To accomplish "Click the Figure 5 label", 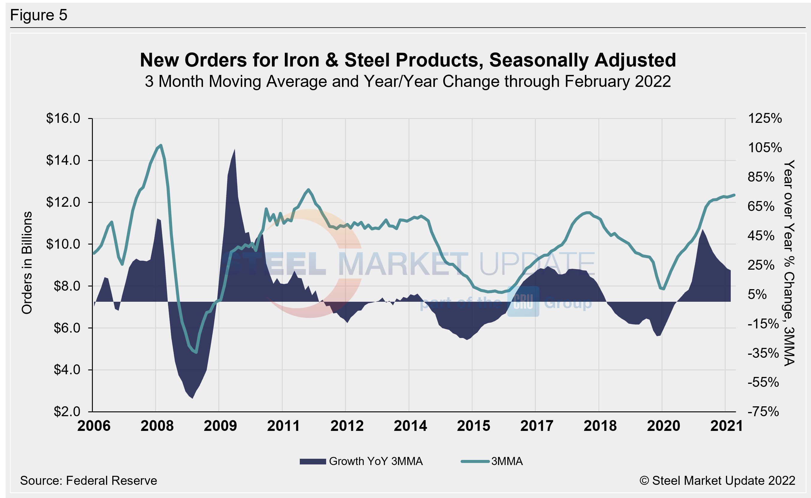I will click(39, 15).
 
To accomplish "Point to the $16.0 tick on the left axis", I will click(63, 118).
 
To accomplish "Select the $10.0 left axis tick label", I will click(63, 244).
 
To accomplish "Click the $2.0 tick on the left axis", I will click(67, 411).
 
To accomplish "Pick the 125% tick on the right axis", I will click(765, 118).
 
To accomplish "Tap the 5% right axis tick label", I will click(757, 294).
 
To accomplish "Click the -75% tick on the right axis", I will click(763, 411).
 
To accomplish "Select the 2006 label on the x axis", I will click(94, 426).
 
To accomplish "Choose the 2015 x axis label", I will click(473, 426).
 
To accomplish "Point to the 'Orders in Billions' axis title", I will click(27, 262).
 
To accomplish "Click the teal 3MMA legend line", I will click(475, 461).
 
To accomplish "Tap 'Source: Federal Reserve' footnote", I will click(88, 481).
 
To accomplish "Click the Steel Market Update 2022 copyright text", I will click(717, 481).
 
